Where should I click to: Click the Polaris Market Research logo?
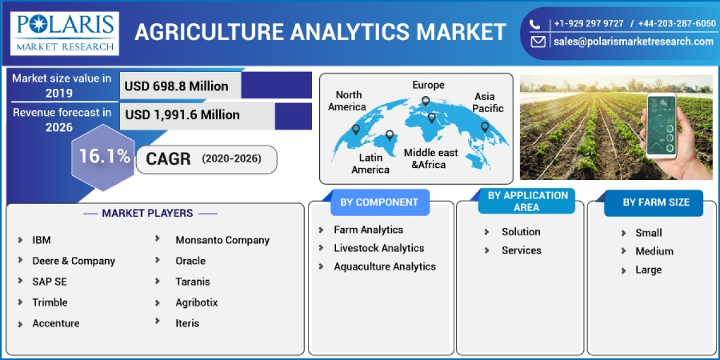[x=64, y=33]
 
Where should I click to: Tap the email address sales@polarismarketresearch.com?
[x=633, y=41]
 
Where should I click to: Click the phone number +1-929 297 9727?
[x=589, y=23]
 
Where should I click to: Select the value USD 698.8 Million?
[x=176, y=86]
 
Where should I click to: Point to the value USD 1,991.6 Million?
[x=182, y=115]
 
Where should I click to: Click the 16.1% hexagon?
[x=104, y=157]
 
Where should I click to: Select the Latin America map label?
[x=370, y=163]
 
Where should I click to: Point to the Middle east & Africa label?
[x=430, y=158]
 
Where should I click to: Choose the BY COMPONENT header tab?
[x=379, y=202]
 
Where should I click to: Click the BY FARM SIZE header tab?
[x=656, y=202]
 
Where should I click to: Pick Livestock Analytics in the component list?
[x=379, y=248]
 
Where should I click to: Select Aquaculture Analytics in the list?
[x=385, y=266]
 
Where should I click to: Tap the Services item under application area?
[x=521, y=250]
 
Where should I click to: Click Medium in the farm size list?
[x=654, y=251]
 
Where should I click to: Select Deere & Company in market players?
[x=73, y=261]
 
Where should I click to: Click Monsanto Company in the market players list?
[x=222, y=240]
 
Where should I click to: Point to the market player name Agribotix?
[x=196, y=302]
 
